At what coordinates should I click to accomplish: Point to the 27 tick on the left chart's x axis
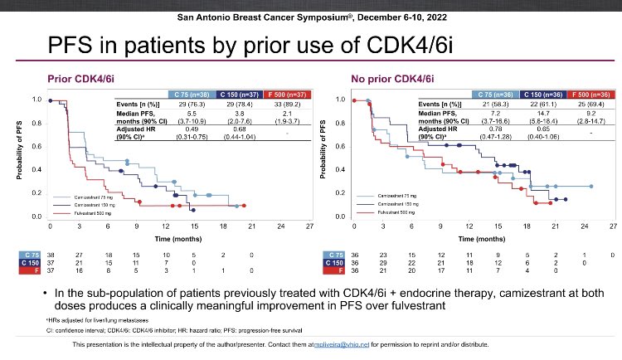(x=309, y=226)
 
